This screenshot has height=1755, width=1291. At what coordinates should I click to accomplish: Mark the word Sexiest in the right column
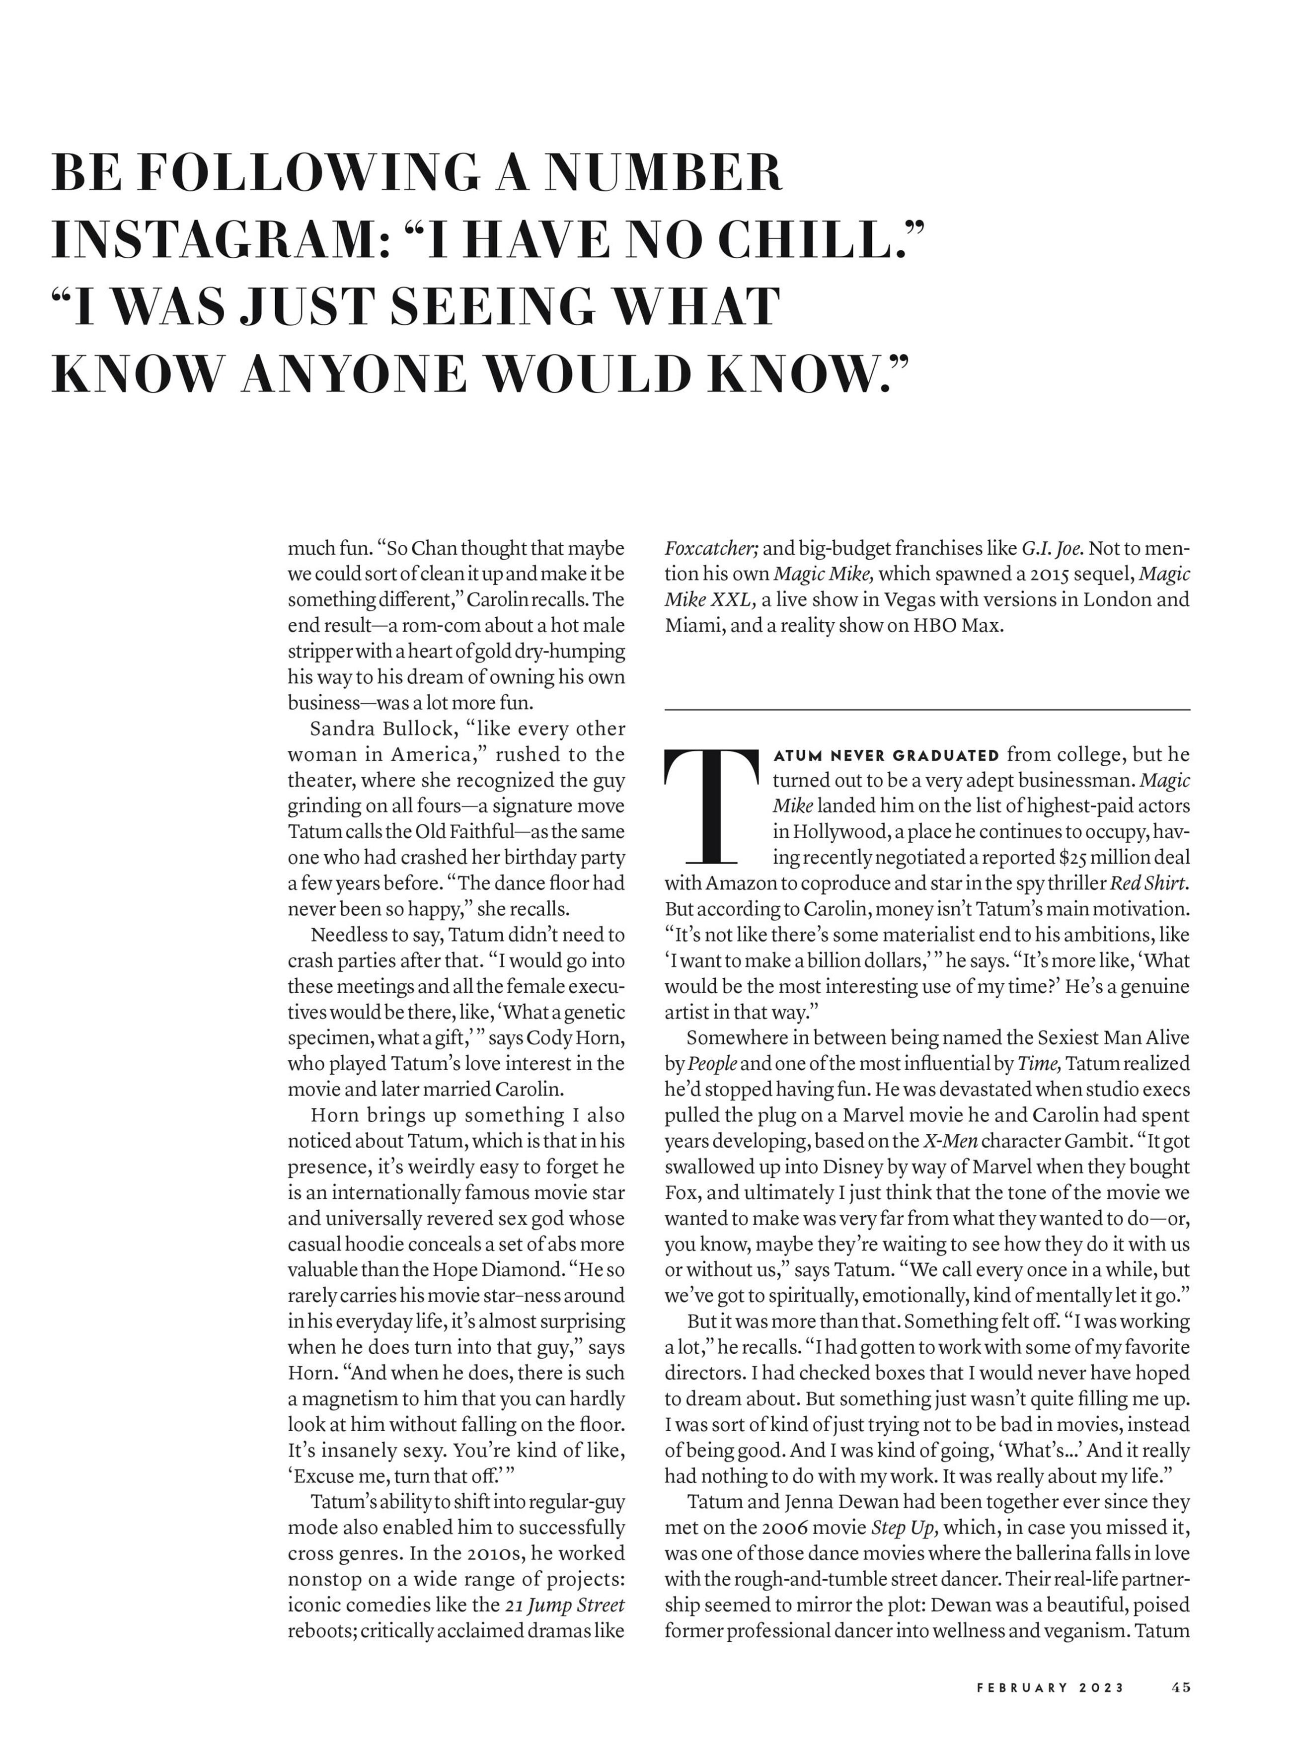pos(1073,1038)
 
